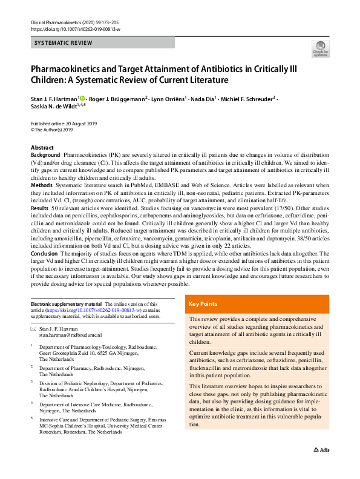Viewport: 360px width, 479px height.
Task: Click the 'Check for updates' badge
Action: (320, 48)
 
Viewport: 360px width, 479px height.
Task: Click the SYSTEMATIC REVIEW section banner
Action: (102, 43)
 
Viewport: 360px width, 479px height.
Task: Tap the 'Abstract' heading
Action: (42, 148)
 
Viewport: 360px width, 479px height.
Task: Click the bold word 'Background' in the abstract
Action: (45, 156)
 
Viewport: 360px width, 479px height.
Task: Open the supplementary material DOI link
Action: (97, 309)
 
